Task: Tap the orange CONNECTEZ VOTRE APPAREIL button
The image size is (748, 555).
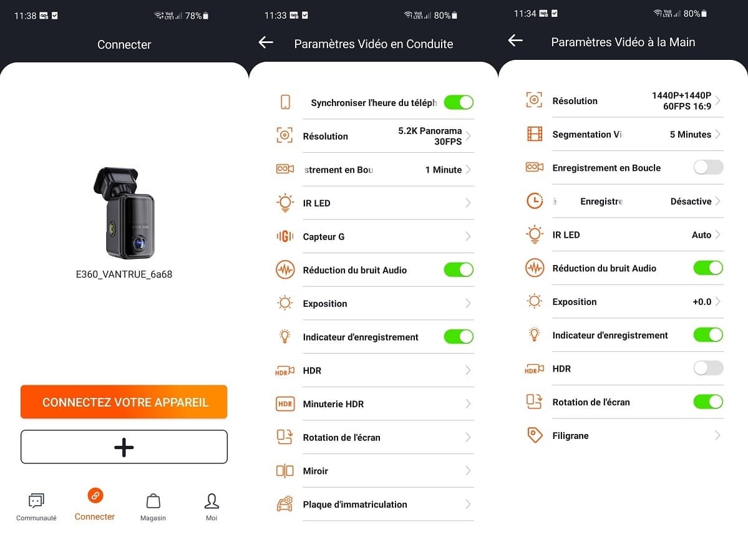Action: pyautogui.click(x=124, y=402)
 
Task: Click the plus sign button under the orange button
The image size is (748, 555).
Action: pyautogui.click(x=124, y=447)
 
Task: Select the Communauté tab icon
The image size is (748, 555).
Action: pyautogui.click(x=36, y=501)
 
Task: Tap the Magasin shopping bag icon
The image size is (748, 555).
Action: pyautogui.click(x=153, y=501)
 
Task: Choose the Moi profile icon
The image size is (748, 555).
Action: pyautogui.click(x=211, y=501)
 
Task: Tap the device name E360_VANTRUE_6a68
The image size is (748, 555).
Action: pyautogui.click(x=124, y=274)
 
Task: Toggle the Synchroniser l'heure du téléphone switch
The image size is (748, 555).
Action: pyautogui.click(x=459, y=102)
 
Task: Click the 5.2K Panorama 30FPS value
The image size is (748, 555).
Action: pyautogui.click(x=430, y=136)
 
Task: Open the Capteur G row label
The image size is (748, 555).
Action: pyautogui.click(x=323, y=237)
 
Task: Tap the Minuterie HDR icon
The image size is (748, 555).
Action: pyautogui.click(x=285, y=404)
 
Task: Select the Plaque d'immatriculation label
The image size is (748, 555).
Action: pyautogui.click(x=354, y=504)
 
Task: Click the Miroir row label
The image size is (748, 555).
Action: pyautogui.click(x=315, y=471)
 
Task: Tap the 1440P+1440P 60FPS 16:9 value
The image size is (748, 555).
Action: pyautogui.click(x=681, y=101)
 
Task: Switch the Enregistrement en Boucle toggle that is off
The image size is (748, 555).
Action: pyautogui.click(x=708, y=168)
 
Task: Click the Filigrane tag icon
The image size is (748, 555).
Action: pyautogui.click(x=535, y=436)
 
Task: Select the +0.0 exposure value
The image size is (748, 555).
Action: pyautogui.click(x=702, y=302)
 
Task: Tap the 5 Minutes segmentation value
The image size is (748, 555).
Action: pyautogui.click(x=690, y=135)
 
